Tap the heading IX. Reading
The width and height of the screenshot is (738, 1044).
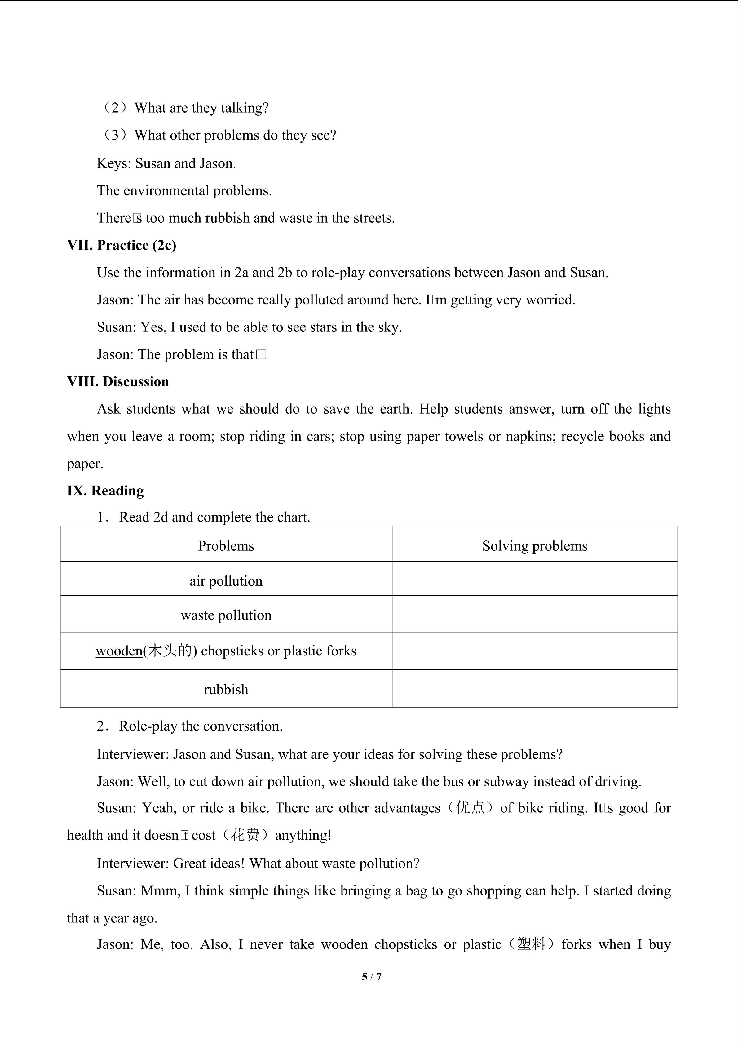(105, 491)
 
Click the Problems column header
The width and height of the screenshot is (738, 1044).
(226, 546)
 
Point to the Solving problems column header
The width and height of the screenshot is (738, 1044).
(534, 546)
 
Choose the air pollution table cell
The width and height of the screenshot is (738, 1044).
(226, 581)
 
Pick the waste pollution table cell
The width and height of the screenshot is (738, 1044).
(226, 615)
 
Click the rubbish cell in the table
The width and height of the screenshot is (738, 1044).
(226, 689)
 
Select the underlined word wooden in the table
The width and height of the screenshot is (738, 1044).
(119, 651)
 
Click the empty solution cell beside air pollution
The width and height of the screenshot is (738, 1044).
(534, 578)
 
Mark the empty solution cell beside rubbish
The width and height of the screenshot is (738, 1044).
(534, 688)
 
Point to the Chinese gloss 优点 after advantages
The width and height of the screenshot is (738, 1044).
(470, 808)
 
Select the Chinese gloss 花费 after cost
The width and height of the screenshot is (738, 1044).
(245, 835)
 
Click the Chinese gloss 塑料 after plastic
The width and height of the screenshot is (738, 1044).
(531, 944)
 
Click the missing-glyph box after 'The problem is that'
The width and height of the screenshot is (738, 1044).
(261, 355)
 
